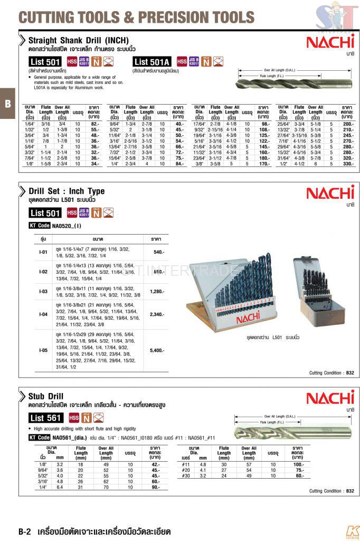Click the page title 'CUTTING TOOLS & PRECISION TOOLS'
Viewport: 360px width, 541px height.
[x=136, y=17]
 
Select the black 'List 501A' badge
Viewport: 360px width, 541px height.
[x=153, y=62]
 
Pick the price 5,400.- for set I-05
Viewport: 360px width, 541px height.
[x=158, y=350]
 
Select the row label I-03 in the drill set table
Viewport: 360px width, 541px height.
[x=44, y=291]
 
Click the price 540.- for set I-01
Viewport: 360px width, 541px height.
[x=158, y=253]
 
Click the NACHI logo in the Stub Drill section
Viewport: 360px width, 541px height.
[x=330, y=398]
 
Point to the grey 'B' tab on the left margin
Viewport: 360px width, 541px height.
[x=7, y=104]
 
